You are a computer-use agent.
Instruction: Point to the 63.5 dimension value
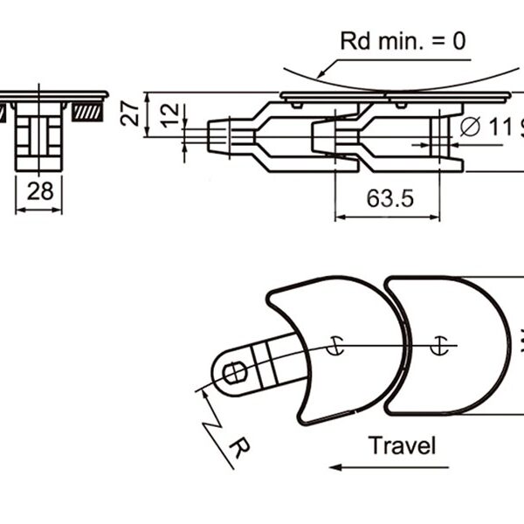[390, 198]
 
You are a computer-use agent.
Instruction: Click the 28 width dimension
[39, 191]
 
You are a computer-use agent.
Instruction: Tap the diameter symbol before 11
[470, 127]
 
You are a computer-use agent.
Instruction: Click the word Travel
[402, 445]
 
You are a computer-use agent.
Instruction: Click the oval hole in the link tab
[235, 373]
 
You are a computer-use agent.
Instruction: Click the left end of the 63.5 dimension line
[337, 216]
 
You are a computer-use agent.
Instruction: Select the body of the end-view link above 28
[39, 135]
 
